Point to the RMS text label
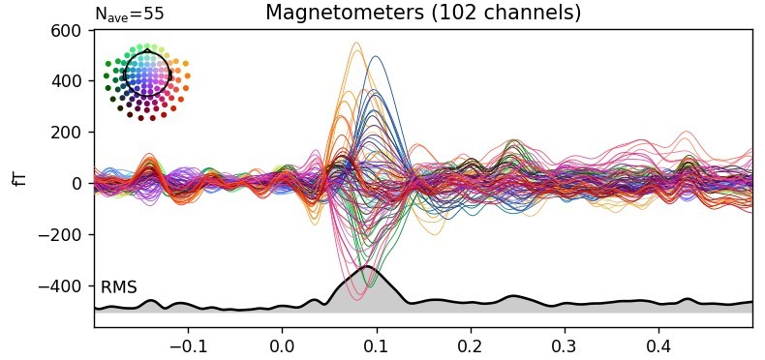coord(118,287)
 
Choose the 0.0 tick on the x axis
coord(282,345)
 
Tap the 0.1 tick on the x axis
coord(376,345)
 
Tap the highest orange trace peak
coord(355,43)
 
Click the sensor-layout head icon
coord(146,81)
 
